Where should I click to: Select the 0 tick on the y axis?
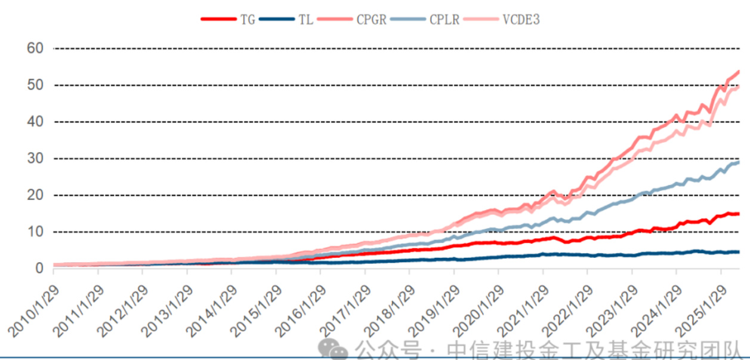39,269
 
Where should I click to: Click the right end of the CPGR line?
739,72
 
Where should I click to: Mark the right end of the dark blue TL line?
739,252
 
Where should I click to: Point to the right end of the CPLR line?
739,162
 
